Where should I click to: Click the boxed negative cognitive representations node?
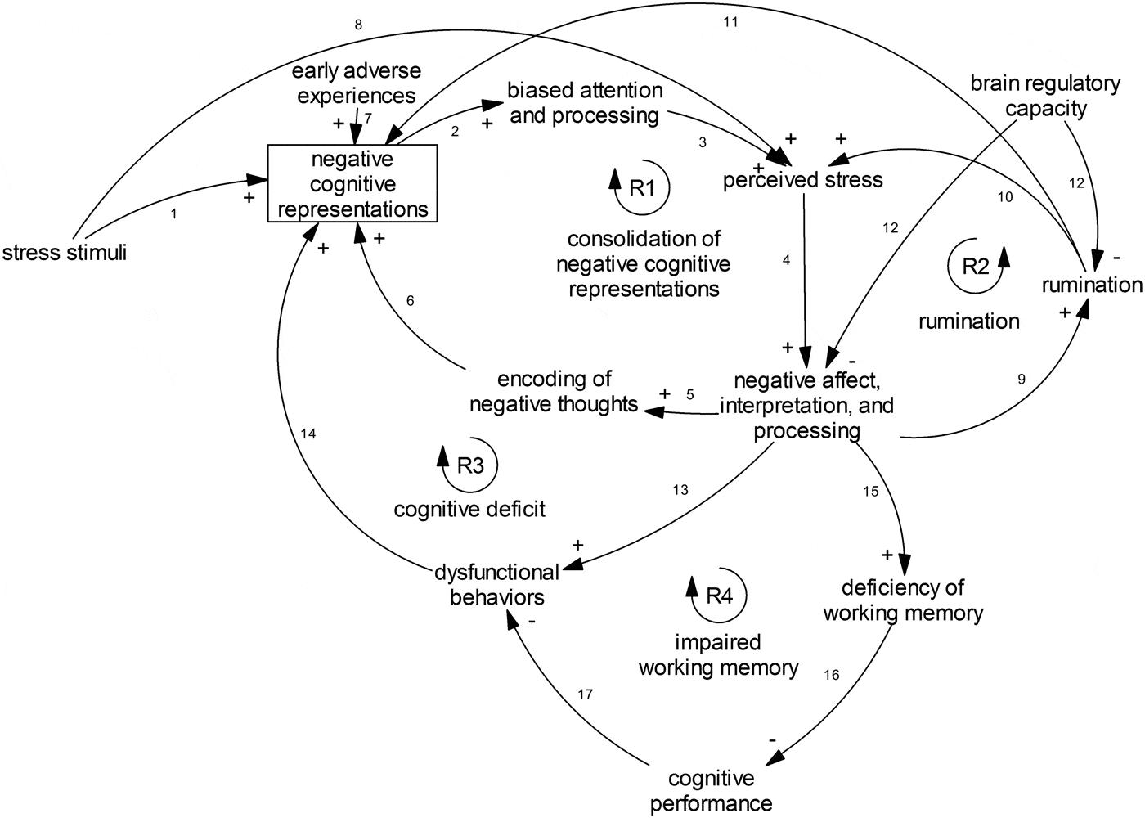352,183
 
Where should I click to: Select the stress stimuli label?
65,252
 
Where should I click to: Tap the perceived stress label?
803,179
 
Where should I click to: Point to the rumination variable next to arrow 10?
1091,284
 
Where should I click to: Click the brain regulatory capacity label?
1045,96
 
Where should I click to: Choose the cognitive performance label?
711,790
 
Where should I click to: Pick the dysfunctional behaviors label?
497,584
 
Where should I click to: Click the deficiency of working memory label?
903,600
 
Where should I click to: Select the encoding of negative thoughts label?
555,391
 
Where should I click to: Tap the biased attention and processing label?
585,102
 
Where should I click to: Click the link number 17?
584,694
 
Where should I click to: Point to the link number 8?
358,25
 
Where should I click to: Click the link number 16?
831,675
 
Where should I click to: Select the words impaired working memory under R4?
718,655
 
